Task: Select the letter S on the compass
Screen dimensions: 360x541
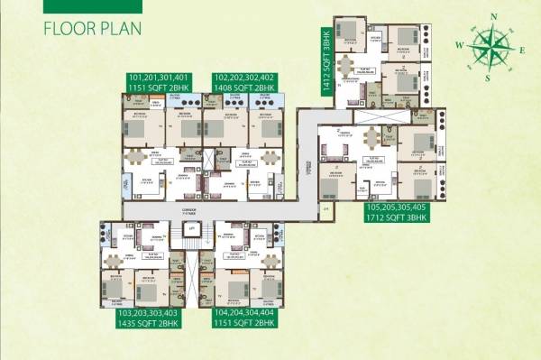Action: point(488,76)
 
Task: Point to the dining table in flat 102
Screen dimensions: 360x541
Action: point(268,159)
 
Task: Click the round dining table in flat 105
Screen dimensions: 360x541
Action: point(371,140)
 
